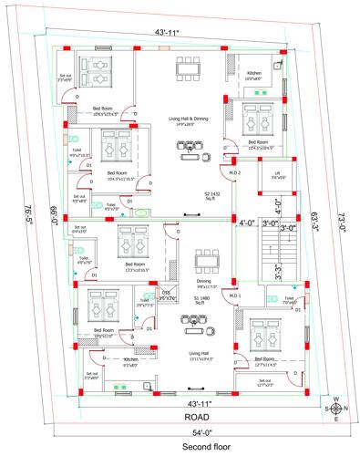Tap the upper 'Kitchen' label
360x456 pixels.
(255, 74)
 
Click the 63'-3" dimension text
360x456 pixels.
(314, 219)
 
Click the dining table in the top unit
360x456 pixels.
(188, 69)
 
